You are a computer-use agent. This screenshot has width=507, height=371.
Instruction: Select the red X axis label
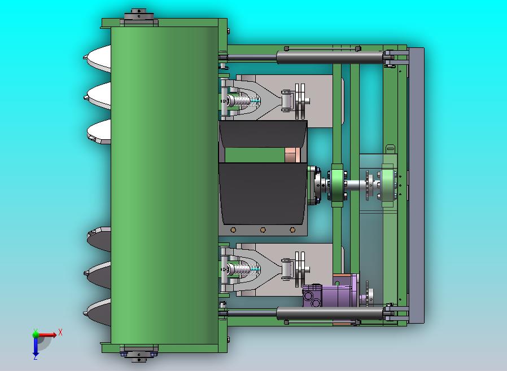pyautogui.click(x=60, y=332)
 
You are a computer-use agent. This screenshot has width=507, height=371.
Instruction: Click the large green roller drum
pyautogui.click(x=164, y=185)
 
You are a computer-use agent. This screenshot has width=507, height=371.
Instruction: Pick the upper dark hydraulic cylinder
pyautogui.click(x=330, y=58)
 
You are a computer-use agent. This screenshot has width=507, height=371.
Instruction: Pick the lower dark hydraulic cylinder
pyautogui.click(x=330, y=313)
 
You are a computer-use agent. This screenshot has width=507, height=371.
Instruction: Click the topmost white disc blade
pyautogui.click(x=97, y=59)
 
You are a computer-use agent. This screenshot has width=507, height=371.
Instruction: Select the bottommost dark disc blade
pyautogui.click(x=97, y=312)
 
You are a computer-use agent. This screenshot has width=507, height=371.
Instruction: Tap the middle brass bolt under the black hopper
pyautogui.click(x=263, y=230)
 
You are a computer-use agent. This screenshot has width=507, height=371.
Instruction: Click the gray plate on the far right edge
pyautogui.click(x=416, y=185)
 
